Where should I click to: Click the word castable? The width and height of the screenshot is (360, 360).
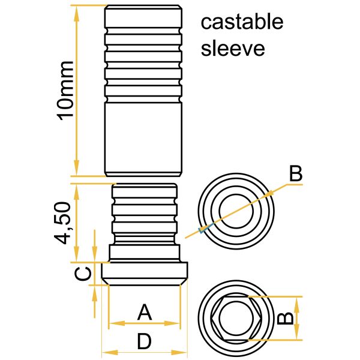click(242, 23)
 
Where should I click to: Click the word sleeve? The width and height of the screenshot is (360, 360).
click(233, 48)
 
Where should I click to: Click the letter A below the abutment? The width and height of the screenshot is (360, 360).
click(144, 312)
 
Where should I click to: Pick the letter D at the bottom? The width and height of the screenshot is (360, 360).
click(144, 342)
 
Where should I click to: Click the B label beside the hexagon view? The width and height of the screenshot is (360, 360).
click(287, 316)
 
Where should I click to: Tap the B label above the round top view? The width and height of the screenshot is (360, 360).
click(295, 175)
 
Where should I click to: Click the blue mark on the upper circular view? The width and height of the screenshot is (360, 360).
click(205, 228)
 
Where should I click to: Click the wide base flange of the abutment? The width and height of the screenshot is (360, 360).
click(144, 273)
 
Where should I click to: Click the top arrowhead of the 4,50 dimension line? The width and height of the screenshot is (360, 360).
click(76, 188)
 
